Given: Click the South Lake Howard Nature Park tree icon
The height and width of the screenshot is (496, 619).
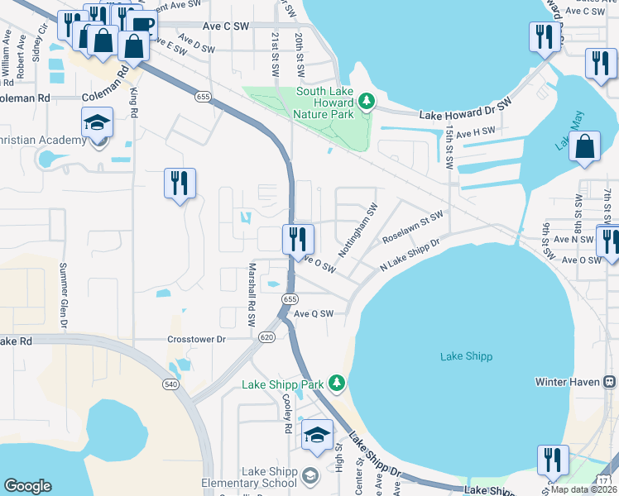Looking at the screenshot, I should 366,103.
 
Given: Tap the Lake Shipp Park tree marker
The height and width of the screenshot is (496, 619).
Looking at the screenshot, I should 336,383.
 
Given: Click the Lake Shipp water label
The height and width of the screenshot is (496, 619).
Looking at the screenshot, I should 466,356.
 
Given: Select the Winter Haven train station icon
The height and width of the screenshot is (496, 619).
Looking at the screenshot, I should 610,382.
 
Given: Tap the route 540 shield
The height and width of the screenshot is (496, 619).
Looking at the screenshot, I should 192,384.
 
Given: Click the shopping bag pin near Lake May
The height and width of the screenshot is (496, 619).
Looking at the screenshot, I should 585,146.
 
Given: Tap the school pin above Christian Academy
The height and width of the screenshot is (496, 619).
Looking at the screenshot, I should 97,124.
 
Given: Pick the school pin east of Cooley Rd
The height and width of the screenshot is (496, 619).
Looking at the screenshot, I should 316,435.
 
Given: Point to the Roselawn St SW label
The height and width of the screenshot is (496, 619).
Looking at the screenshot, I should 412,227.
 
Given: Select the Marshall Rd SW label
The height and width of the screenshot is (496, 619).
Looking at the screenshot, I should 252,295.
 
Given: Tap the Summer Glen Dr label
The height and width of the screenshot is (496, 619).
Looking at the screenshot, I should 63,295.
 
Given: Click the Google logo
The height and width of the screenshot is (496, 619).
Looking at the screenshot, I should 28,486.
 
